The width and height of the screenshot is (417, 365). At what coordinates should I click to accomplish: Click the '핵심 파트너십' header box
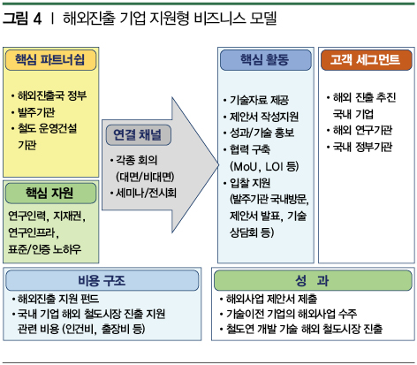pos(50,60)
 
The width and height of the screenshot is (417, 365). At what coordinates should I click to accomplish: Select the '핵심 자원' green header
pos(50,194)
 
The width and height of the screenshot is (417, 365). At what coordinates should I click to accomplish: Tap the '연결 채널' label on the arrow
pos(138,135)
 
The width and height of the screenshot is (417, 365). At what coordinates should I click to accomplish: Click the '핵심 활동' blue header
pos(265,60)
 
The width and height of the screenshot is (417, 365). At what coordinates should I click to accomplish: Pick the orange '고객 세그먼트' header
pos(366,60)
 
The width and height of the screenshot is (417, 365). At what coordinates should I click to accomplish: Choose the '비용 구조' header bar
pos(102,280)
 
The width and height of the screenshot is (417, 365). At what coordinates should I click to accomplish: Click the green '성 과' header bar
pos(313,280)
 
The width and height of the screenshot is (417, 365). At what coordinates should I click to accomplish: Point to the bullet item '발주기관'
pos(36,112)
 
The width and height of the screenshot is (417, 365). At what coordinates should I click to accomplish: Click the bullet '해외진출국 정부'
pos(52,95)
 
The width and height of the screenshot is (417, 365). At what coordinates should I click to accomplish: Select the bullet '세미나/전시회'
pos(146,194)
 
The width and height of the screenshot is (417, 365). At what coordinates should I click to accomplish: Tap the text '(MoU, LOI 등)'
pos(264,167)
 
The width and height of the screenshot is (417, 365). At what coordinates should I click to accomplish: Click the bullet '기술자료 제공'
pos(259,100)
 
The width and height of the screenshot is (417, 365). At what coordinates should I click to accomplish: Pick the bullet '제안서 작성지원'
pos(264,117)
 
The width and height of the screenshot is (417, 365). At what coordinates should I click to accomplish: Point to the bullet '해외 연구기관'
pos(362,130)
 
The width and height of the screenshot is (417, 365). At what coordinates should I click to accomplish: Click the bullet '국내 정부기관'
pos(362,147)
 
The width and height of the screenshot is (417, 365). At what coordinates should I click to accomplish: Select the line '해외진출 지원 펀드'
pos(58,299)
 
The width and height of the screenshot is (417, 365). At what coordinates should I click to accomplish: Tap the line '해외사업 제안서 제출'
pos(271,299)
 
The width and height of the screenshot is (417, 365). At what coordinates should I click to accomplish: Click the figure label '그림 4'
pos(22,19)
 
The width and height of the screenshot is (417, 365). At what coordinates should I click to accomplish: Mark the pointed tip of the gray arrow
pos(218,165)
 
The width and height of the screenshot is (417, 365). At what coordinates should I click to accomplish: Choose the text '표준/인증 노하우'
pos(44,249)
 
